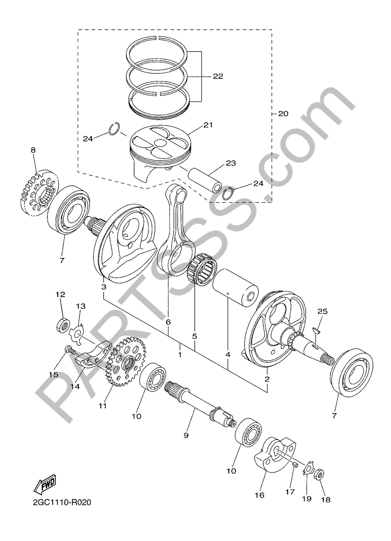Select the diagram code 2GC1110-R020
point(62,502)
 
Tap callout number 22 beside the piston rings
point(218,76)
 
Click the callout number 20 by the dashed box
point(283,114)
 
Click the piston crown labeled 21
point(160,141)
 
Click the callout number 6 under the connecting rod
point(168,322)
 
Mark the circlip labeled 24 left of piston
point(114,129)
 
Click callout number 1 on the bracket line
point(180,355)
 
